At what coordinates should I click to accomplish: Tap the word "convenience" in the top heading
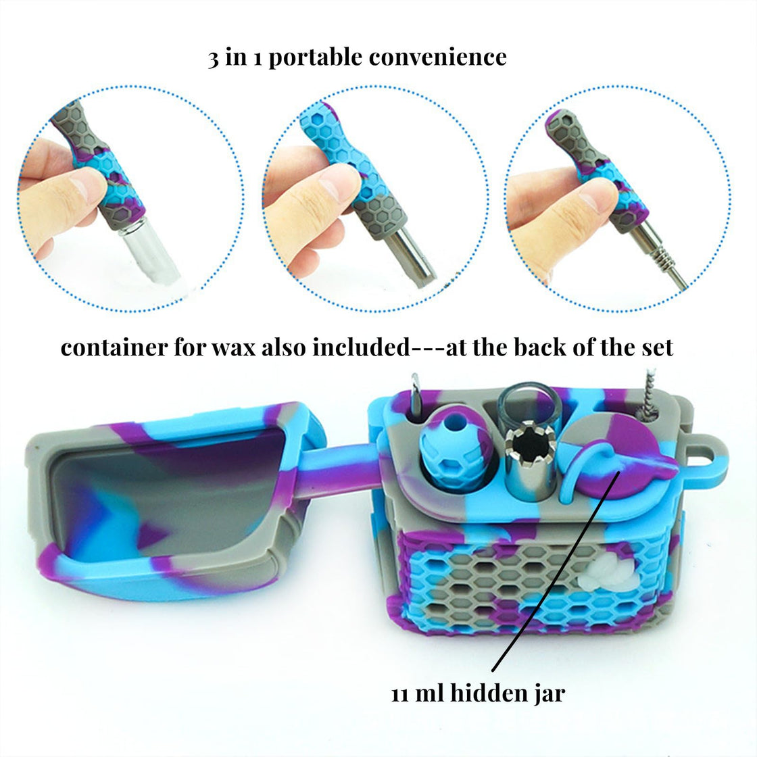[x=438, y=57]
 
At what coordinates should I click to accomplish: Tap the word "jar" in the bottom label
[x=550, y=695]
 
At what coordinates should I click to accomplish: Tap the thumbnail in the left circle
[x=88, y=185]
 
